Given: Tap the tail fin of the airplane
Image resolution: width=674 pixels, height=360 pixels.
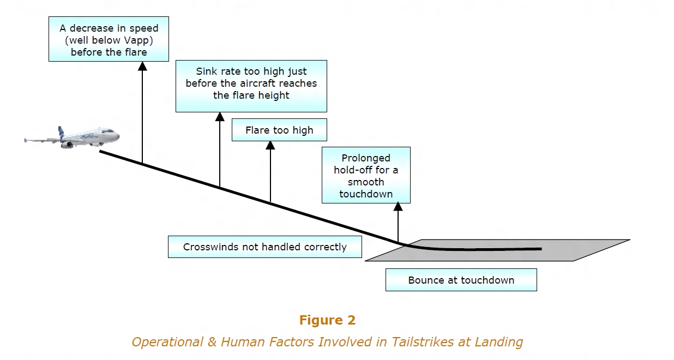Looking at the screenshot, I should point(62,131).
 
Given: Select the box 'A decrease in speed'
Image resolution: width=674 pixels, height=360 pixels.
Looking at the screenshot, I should point(109,40).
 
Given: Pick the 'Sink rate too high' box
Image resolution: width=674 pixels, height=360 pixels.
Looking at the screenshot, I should point(251,86).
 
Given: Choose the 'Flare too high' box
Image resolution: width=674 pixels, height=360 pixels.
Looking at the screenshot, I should point(279,130).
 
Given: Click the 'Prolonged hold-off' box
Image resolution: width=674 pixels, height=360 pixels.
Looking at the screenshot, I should point(366,175).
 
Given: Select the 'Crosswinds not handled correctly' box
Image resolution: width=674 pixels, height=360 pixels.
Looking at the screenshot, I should point(264,247).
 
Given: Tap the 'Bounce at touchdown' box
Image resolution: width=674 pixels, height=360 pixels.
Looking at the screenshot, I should point(461,280).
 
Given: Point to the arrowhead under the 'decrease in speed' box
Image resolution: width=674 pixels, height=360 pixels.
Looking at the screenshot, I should point(142,67).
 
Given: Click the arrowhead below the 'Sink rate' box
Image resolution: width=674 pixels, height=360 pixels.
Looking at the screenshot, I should point(220,117).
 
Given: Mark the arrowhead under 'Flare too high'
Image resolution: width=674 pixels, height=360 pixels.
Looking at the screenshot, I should point(270,146).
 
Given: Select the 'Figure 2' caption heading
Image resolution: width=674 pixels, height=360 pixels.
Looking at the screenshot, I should point(327,320).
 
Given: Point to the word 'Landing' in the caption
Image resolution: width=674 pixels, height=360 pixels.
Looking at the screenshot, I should point(501,342).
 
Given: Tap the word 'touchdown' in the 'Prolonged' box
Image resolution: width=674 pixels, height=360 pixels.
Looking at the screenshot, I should point(366,194).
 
